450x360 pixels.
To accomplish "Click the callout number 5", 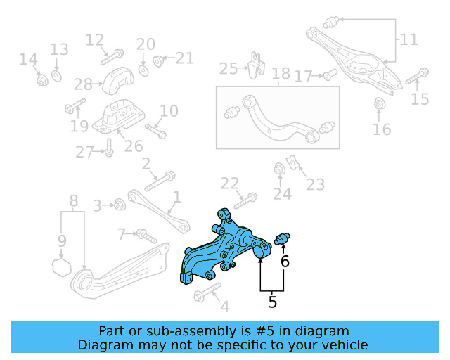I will click(x=272, y=303).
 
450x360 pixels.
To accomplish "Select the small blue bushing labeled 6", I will click(x=284, y=239).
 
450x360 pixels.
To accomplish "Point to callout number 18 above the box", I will click(x=281, y=74).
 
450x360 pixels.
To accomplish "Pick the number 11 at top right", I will click(x=409, y=39).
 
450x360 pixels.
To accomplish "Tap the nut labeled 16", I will click(x=380, y=105).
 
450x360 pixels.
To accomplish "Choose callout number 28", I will click(x=82, y=84).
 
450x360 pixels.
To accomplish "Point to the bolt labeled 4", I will click(x=207, y=290).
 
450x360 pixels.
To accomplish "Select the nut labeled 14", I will click(x=41, y=79).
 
